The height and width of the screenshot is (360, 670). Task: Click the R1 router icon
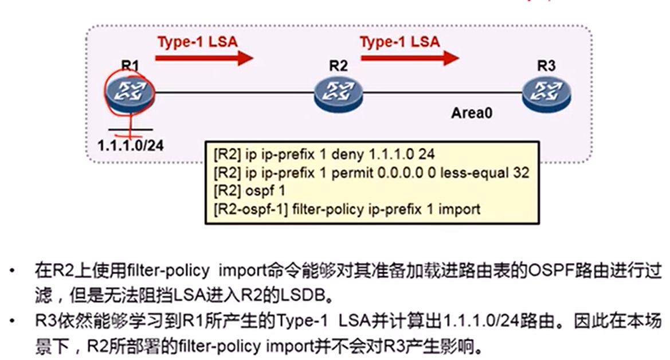tap(130, 92)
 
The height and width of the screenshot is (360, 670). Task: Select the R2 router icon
tap(338, 92)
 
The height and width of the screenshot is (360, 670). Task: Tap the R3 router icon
tap(546, 92)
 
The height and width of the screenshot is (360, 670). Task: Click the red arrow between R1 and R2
tap(203, 57)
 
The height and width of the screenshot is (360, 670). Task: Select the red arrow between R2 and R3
tap(409, 57)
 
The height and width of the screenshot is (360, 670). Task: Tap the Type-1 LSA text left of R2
tap(197, 41)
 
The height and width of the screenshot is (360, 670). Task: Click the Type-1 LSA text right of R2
tap(400, 41)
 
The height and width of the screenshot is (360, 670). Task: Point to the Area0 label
tap(472, 113)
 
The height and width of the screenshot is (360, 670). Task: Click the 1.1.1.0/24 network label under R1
tap(130, 145)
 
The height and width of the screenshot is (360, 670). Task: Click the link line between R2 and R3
tap(441, 92)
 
